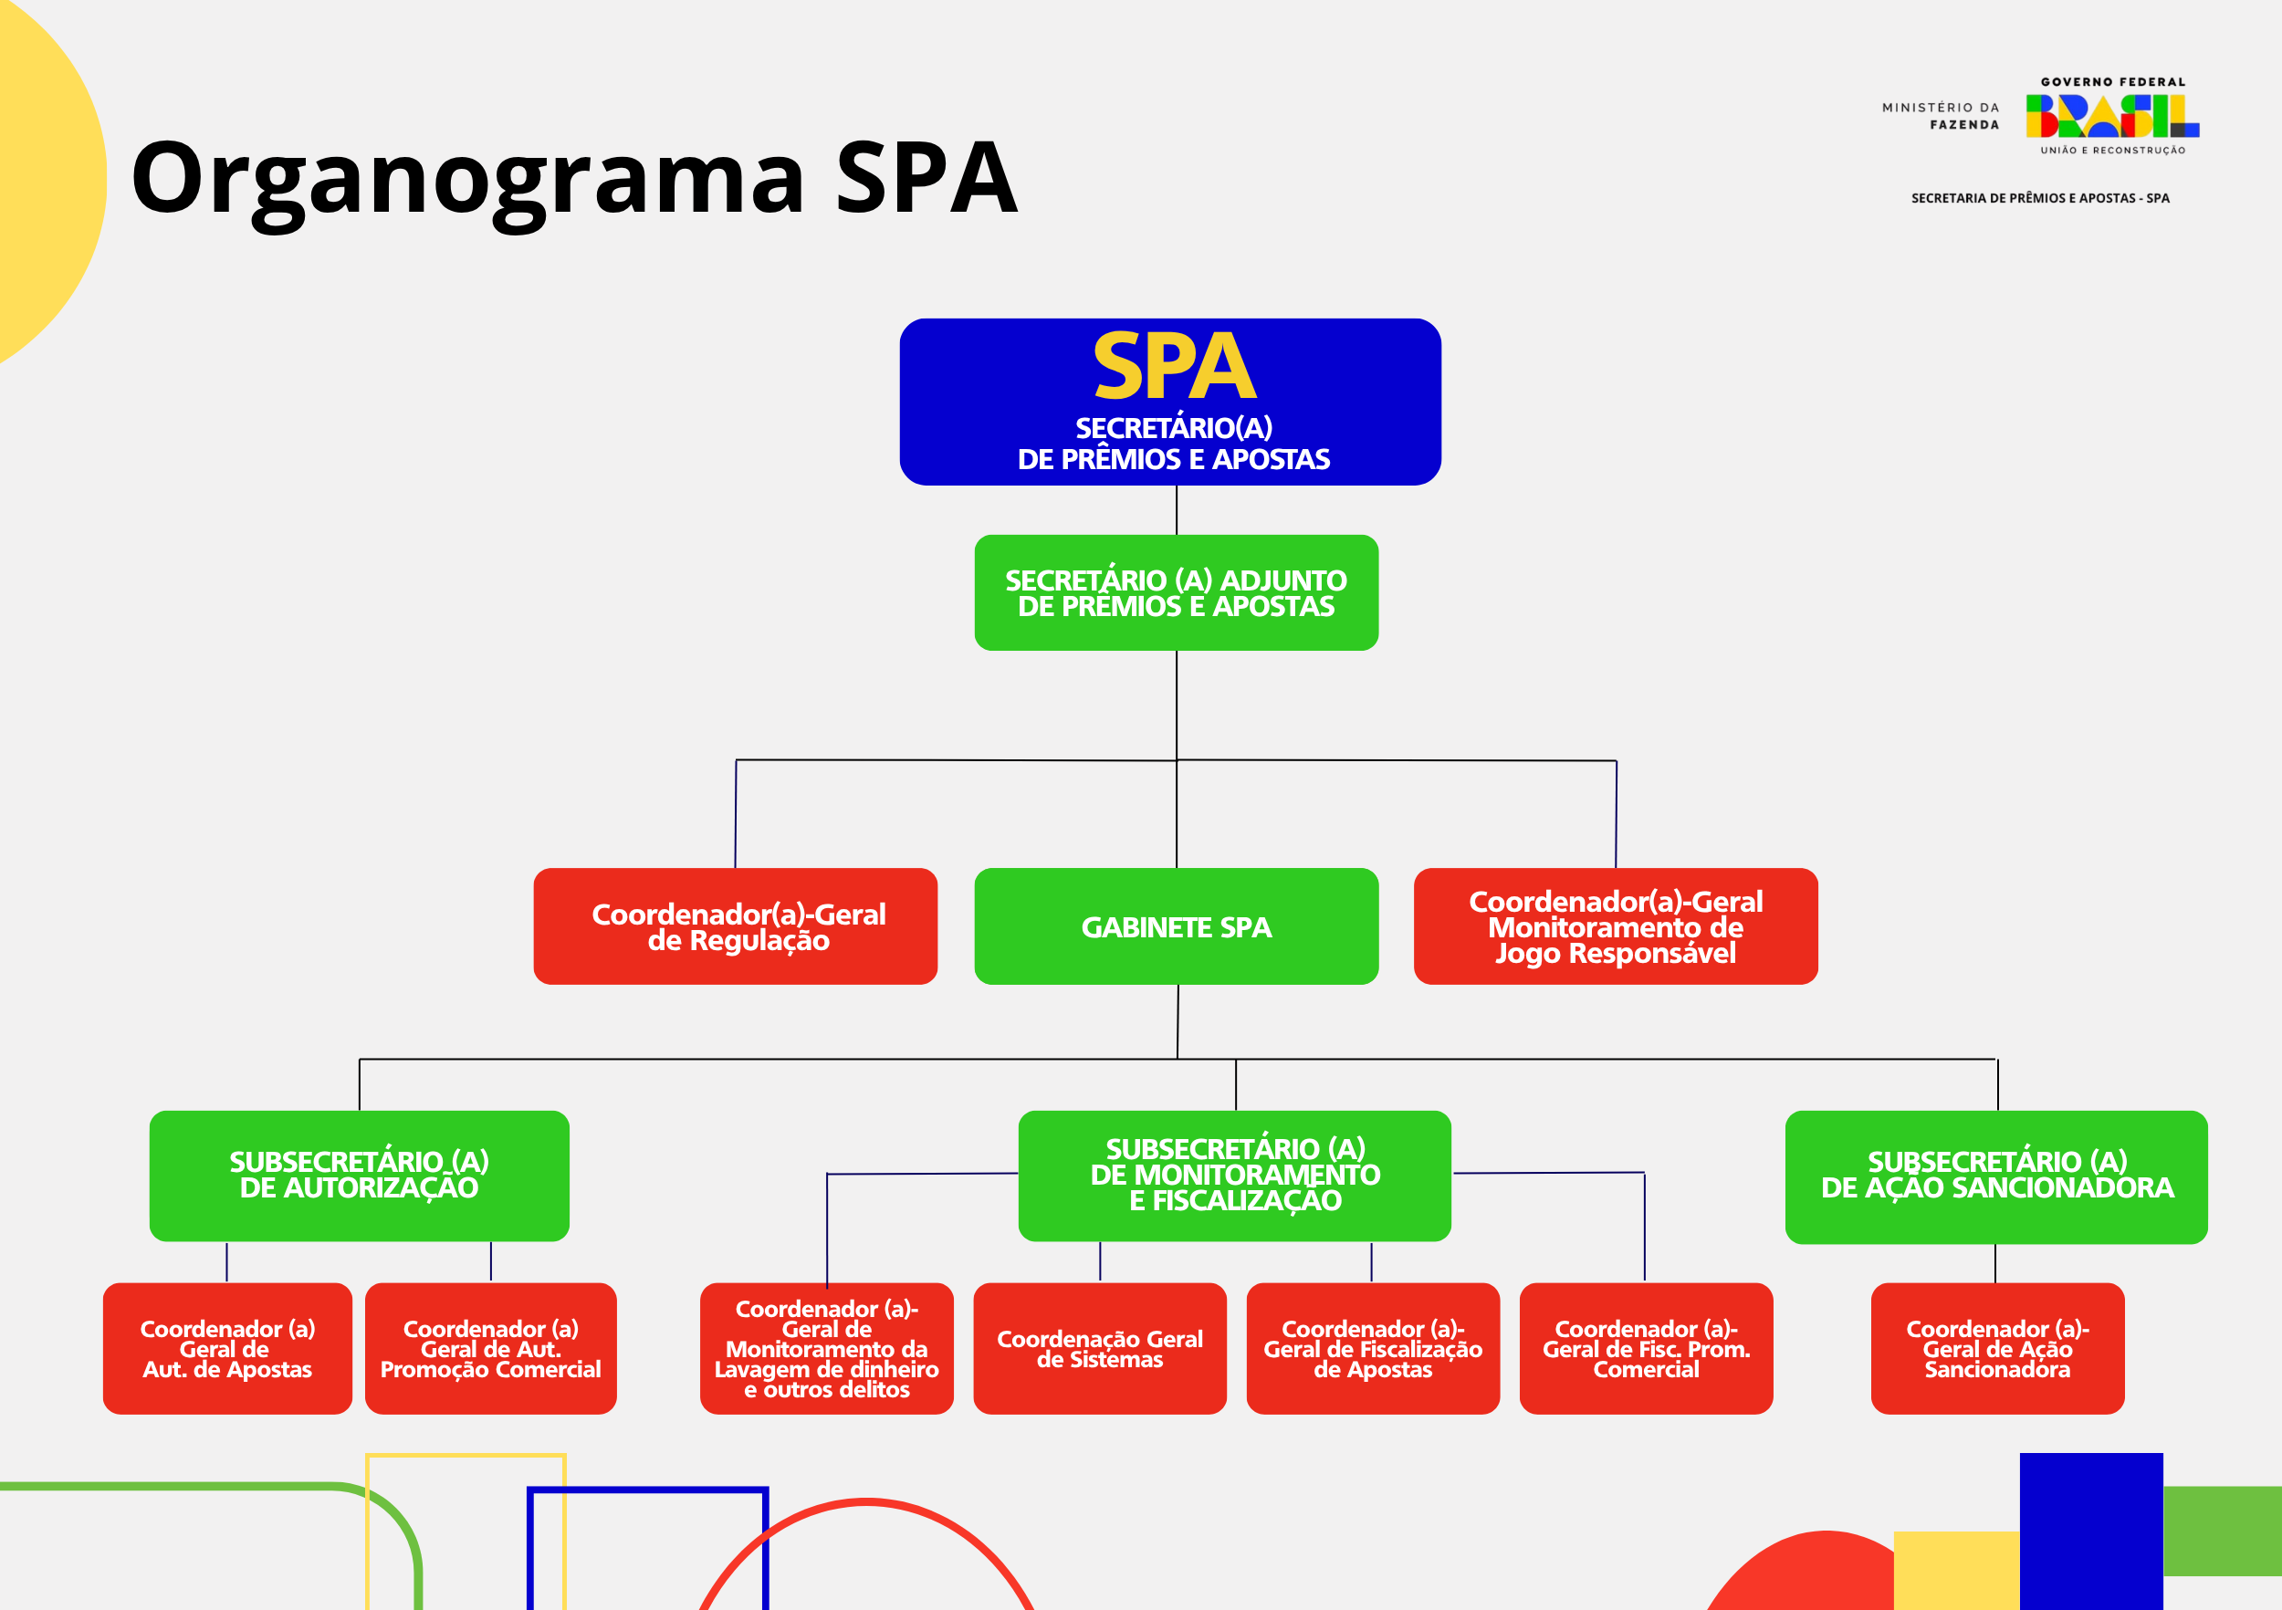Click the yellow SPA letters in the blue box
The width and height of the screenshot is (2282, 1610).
pos(1174,367)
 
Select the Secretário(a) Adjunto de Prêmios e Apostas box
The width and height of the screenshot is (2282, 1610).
pos(1176,593)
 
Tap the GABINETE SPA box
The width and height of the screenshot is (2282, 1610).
pos(1176,926)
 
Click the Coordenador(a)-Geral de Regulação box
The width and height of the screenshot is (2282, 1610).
pos(736,926)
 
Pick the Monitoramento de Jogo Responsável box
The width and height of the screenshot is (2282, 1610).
pos(1615,926)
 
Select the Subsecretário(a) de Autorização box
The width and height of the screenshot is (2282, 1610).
pos(359,1176)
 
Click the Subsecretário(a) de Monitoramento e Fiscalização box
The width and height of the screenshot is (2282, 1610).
pos(1234,1176)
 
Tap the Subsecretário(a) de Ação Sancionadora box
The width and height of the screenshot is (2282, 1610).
pos(1995,1176)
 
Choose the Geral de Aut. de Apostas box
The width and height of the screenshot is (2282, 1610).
pos(227,1349)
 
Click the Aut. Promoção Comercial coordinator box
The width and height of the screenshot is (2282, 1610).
pos(490,1349)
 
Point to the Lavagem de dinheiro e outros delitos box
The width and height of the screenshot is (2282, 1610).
pos(826,1349)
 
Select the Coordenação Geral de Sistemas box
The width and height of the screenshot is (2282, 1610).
pos(1099,1349)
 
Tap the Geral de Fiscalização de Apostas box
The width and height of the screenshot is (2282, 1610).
pos(1373,1349)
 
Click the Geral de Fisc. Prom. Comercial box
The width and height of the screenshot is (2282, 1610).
pos(1646,1349)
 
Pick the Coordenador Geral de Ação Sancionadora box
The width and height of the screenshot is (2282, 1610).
pos(1997,1349)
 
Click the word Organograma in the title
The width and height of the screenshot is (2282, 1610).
pos(467,179)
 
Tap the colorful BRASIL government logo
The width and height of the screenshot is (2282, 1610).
pos(2112,116)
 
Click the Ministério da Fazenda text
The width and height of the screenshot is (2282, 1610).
pos(1940,116)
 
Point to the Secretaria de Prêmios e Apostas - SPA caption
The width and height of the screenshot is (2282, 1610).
pos(2039,199)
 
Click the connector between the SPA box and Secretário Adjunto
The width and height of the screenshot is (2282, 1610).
pos(1177,510)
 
